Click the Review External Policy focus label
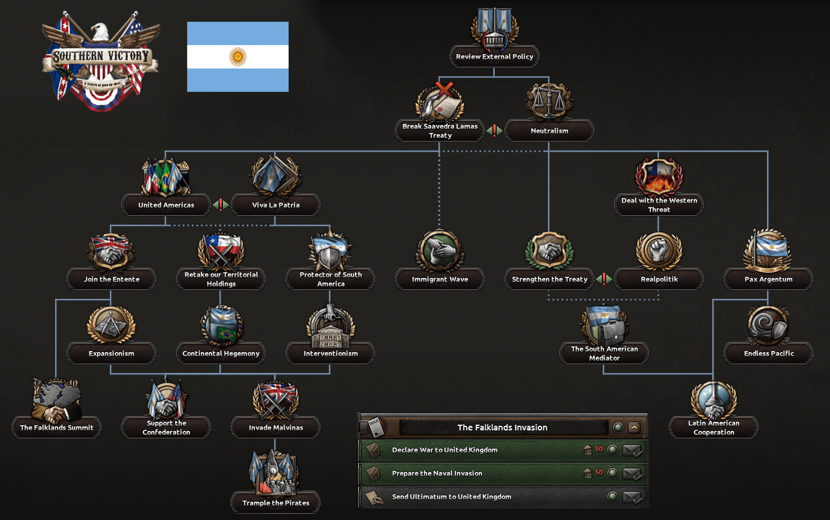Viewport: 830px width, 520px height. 494,57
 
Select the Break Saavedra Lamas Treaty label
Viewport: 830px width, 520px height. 440,131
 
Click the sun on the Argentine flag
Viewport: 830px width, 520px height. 237,57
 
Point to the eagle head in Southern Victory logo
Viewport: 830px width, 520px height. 100,31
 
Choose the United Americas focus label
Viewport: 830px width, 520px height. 166,205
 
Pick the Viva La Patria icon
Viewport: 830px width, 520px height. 276,176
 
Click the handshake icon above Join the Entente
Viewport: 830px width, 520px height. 111,252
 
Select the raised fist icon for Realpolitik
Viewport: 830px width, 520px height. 658,250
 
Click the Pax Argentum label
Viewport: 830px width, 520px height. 768,279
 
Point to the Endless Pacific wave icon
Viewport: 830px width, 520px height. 768,325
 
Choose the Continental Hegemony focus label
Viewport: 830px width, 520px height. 221,353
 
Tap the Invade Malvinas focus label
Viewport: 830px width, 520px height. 276,428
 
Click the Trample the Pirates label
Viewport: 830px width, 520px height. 276,503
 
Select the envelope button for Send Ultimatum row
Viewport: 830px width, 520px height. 632,497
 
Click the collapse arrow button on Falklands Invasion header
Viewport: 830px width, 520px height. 634,427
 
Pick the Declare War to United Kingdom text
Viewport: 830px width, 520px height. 444,450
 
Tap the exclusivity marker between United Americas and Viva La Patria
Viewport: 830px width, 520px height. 221,205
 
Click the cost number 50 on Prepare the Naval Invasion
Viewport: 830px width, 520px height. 598,473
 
